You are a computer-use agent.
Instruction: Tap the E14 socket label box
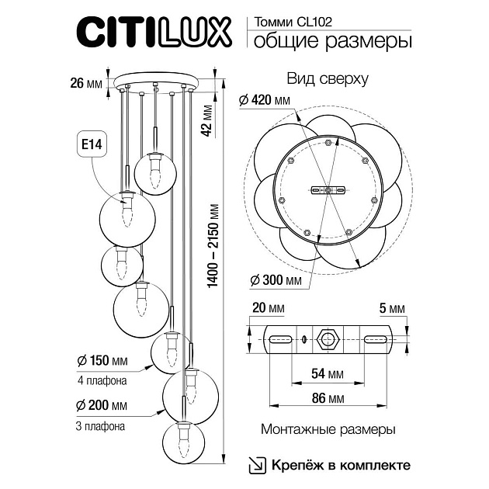tap(92, 144)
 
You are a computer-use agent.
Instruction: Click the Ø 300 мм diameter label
tap(264, 279)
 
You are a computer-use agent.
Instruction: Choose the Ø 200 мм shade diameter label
tap(102, 404)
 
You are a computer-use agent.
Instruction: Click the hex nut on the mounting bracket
tap(327, 339)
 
